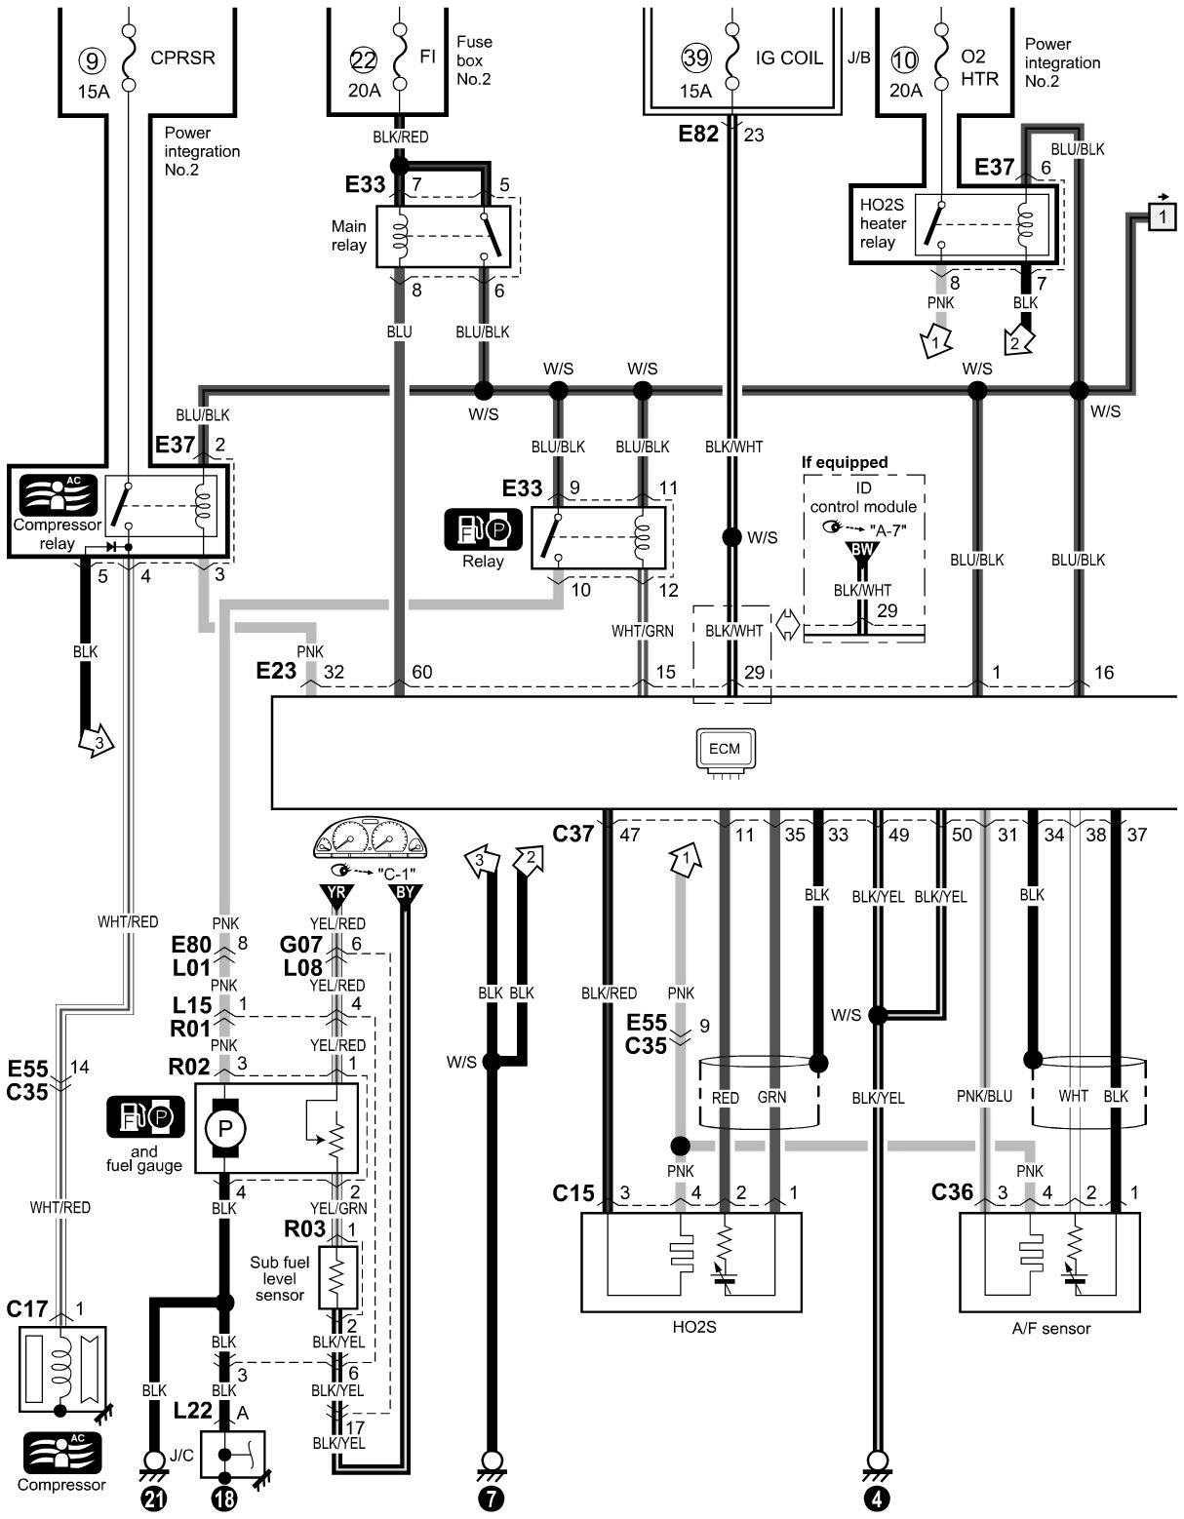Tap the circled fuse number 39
tap(696, 58)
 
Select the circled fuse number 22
tap(364, 60)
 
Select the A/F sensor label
tap(1050, 1328)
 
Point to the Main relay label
tap(349, 236)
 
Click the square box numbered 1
tap(1163, 216)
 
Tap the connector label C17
tap(27, 1308)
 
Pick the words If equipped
tap(845, 462)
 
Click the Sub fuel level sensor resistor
tap(337, 1278)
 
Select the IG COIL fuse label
tap(789, 58)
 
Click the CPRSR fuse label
tap(182, 58)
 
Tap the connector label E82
tap(698, 133)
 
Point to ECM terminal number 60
tap(422, 672)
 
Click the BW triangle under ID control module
tap(862, 551)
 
